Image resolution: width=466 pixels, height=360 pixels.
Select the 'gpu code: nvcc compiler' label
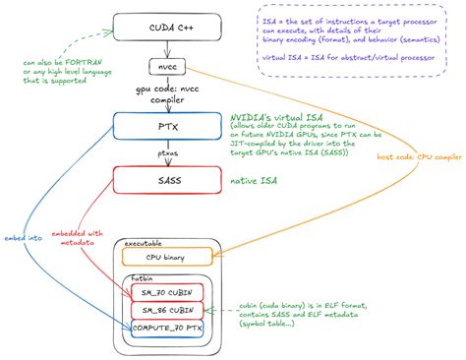(x=160, y=96)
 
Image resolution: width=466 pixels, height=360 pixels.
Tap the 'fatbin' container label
(x=142, y=279)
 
